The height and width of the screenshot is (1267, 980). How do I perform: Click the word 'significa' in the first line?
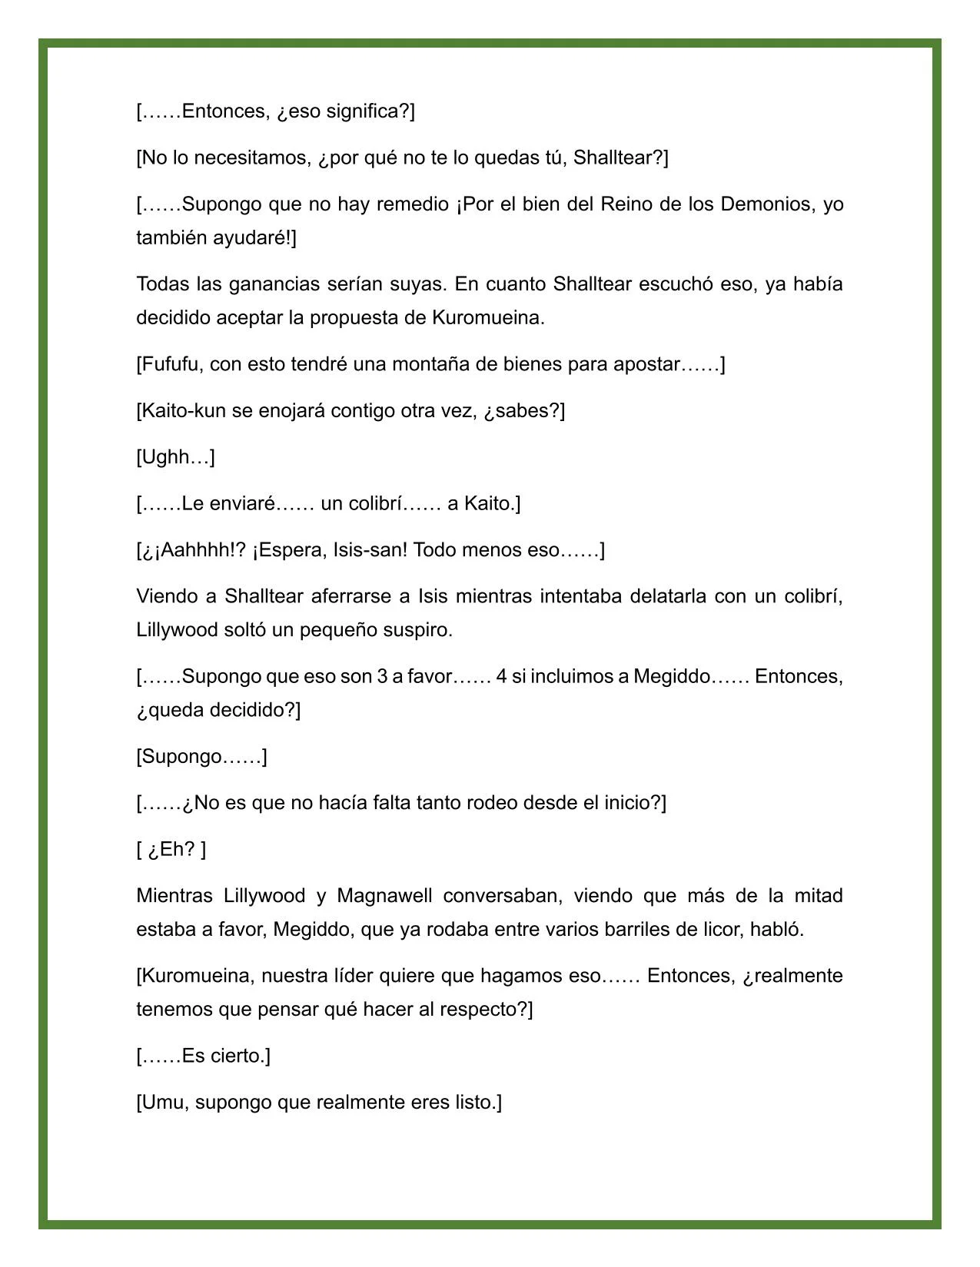tap(363, 111)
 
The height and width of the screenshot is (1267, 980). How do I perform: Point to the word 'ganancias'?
tap(264, 284)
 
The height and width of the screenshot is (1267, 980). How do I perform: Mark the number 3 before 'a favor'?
tap(381, 677)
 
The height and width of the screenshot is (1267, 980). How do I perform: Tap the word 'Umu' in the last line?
tap(164, 1103)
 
